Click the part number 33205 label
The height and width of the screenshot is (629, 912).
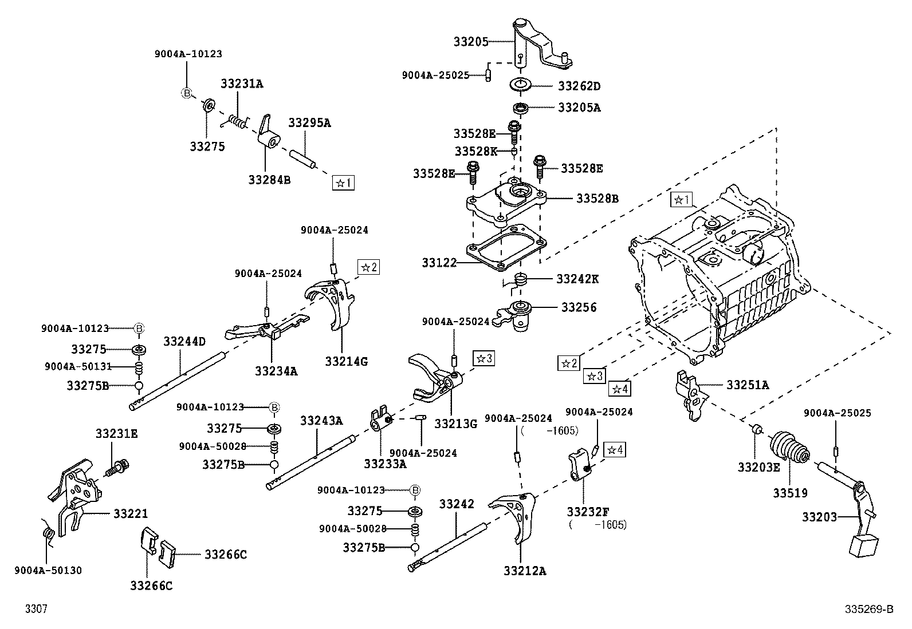(471, 42)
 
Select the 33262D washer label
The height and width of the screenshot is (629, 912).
(579, 86)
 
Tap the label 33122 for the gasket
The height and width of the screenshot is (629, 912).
(439, 263)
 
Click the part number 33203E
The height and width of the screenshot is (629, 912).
(758, 467)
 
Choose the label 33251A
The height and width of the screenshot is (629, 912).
(748, 385)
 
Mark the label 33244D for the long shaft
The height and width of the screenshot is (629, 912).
(184, 342)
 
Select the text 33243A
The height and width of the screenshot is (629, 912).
(321, 421)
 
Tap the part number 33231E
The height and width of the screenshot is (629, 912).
(116, 434)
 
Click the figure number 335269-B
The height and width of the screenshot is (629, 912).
(868, 610)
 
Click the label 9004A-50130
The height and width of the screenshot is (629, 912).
(48, 570)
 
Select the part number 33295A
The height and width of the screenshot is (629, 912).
(309, 122)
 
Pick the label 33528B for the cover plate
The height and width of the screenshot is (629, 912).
(597, 199)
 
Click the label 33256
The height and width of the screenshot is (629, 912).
(579, 307)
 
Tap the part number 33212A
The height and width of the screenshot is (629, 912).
(525, 571)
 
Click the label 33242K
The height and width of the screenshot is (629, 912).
(577, 279)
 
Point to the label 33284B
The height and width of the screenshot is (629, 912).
(269, 180)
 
